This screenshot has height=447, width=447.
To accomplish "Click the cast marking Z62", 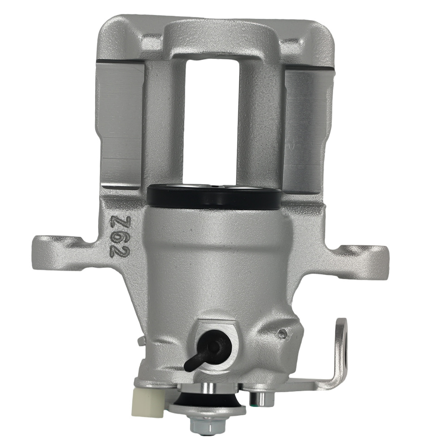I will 120,237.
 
